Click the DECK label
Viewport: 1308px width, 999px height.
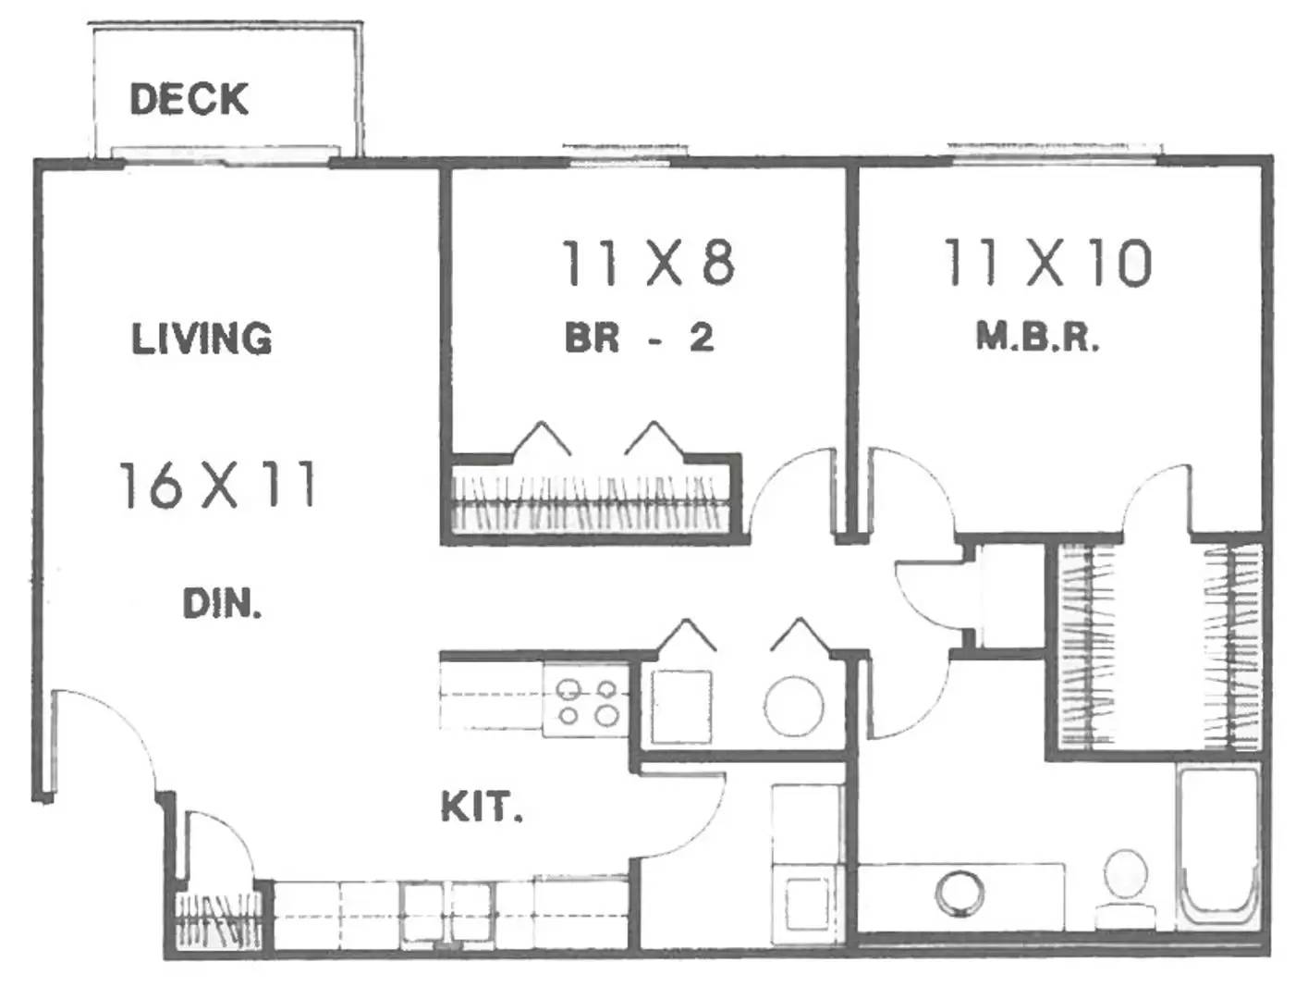[189, 99]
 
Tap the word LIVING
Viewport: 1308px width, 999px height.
[202, 339]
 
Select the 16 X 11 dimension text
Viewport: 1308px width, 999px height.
[217, 486]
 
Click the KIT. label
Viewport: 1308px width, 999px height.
[482, 808]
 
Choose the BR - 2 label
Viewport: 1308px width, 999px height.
[639, 338]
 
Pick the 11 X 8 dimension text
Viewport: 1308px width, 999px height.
[648, 263]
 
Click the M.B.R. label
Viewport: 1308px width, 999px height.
[1037, 338]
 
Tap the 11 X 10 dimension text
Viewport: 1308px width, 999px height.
[1047, 263]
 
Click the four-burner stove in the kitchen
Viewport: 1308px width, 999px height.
[586, 702]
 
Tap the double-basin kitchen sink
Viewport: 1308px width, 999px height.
[446, 915]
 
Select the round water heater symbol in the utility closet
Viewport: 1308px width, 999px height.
[794, 708]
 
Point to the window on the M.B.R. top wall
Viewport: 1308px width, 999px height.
[1054, 153]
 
